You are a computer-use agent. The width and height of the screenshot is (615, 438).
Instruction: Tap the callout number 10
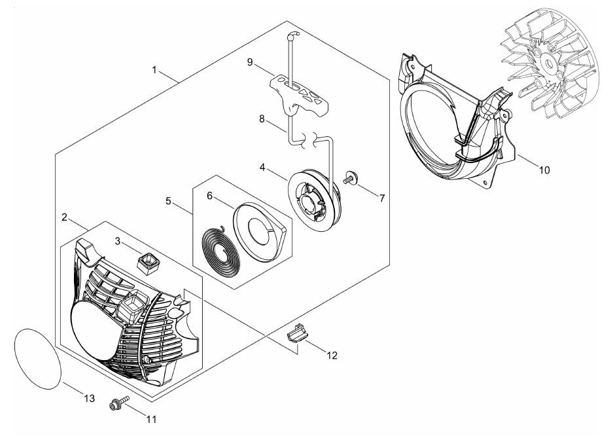pos(544,170)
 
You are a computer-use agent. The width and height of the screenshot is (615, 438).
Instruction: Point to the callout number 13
pos(89,399)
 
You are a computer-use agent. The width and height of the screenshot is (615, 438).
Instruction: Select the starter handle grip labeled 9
pos(301,95)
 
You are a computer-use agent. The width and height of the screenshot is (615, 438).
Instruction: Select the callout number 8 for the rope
pos(261,120)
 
